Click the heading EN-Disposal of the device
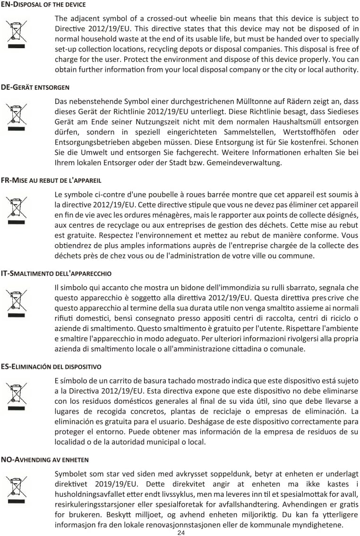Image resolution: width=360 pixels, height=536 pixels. (x=43, y=5)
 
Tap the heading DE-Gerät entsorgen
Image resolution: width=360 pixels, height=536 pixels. (x=35, y=87)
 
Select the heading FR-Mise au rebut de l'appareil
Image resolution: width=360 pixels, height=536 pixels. (x=51, y=180)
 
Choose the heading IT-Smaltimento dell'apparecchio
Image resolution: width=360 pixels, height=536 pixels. (x=56, y=273)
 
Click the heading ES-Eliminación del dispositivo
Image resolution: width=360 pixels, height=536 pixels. (x=51, y=366)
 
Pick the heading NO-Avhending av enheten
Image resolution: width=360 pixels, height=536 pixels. (x=45, y=459)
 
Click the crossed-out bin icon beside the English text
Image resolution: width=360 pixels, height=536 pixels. (x=17, y=34)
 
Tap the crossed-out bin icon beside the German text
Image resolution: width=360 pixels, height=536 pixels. (x=17, y=117)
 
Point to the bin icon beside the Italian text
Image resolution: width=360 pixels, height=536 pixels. (x=17, y=303)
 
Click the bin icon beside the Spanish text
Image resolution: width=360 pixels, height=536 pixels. (x=17, y=396)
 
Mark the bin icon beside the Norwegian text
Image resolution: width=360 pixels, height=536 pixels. (x=17, y=489)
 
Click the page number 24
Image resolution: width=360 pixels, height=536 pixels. (x=181, y=533)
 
